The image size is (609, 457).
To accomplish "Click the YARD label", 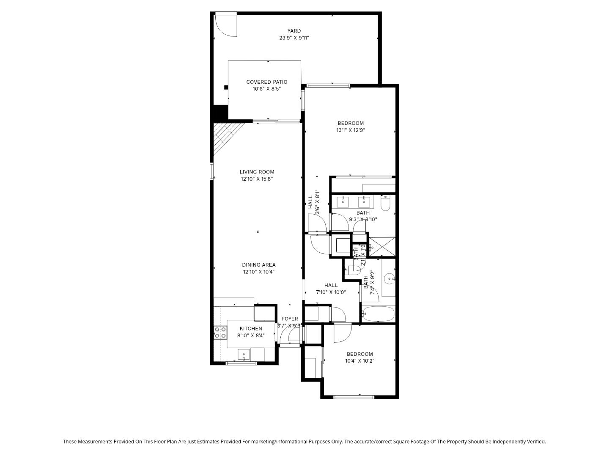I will click(x=294, y=31).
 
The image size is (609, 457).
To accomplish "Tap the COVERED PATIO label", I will click(x=266, y=82).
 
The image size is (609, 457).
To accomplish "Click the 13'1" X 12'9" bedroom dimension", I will click(x=350, y=130).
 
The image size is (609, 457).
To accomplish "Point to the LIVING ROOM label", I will click(x=257, y=172).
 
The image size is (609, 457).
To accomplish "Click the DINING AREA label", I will click(x=258, y=265).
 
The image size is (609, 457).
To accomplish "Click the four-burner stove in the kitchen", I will click(x=220, y=333).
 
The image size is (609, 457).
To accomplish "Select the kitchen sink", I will click(x=244, y=354).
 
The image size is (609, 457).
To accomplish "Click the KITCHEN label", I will click(x=251, y=328).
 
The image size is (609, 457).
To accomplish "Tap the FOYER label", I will click(x=290, y=319).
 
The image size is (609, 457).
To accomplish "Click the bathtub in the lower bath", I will click(x=378, y=314).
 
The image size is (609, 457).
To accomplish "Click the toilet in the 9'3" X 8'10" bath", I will click(x=385, y=203).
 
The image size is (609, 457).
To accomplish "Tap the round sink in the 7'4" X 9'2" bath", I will click(x=390, y=278).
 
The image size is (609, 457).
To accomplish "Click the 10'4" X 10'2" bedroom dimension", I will click(x=359, y=361).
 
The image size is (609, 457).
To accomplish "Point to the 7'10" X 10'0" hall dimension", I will click(x=331, y=292).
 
